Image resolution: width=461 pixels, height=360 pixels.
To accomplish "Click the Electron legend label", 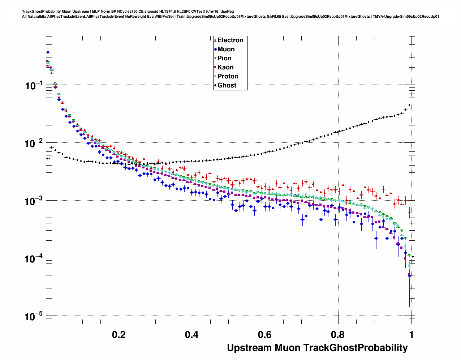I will tap(230, 40).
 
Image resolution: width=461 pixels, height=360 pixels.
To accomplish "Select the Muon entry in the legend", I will tap(226, 49).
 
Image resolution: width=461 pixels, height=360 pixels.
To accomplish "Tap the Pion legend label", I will tap(224, 58).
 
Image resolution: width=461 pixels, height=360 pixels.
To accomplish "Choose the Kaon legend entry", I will tap(225, 67).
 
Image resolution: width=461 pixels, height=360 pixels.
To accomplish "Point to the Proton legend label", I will tap(228, 76).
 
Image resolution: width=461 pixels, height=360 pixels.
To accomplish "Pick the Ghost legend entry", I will tap(227, 85).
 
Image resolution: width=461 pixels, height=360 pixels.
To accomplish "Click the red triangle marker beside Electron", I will tap(215, 40).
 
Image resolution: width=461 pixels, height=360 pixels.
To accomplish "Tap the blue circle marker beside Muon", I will tap(215, 49).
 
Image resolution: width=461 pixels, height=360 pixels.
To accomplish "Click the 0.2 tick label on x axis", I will tap(119, 335).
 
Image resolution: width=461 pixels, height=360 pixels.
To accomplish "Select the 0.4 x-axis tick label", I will tap(192, 335).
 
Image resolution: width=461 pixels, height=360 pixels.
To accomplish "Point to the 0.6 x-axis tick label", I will tap(265, 335).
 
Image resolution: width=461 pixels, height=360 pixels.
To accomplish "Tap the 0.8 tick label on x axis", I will tap(338, 335).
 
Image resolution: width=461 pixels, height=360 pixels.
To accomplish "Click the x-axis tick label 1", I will tap(411, 335).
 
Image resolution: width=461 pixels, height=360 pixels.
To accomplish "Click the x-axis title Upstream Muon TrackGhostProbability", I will tap(317, 348).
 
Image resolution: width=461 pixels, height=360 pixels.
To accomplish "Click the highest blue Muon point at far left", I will tap(48, 52).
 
